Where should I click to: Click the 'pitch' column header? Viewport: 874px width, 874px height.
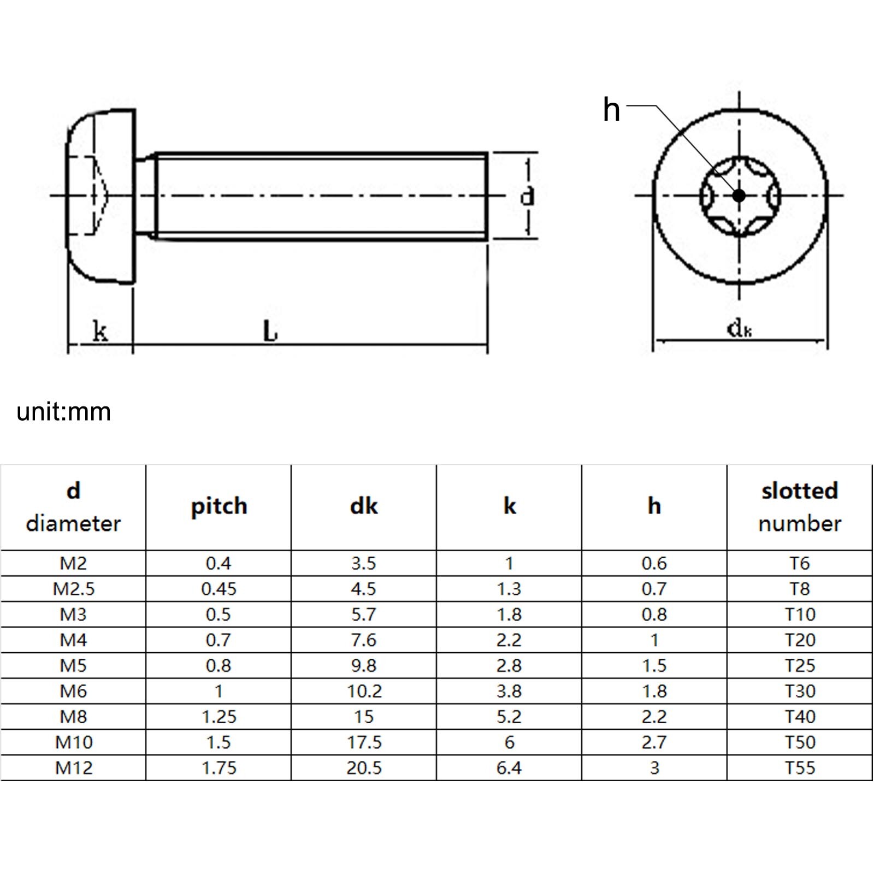[218, 506]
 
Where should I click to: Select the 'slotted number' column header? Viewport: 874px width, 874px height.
[800, 506]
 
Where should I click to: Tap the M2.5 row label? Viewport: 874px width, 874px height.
[74, 589]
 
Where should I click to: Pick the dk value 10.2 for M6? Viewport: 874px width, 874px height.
[364, 691]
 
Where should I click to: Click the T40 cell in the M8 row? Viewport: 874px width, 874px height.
[800, 717]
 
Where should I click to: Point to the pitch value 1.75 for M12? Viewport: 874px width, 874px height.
[218, 768]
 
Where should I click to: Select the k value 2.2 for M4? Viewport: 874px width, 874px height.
[509, 640]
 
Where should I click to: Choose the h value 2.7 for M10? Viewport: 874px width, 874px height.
[654, 742]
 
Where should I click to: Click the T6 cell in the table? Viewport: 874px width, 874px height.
[800, 563]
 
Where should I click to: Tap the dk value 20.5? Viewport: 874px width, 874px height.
[364, 768]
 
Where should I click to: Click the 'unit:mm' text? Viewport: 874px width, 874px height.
[64, 412]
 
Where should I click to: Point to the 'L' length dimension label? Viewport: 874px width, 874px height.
[270, 331]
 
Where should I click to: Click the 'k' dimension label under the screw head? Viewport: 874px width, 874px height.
[100, 331]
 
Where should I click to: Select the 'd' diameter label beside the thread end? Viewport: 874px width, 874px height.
[527, 196]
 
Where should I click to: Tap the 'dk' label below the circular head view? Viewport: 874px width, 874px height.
[739, 329]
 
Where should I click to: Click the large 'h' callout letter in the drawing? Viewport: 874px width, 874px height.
[611, 110]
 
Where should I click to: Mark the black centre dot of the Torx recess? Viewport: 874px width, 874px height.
[739, 195]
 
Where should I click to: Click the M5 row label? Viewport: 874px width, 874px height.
[74, 665]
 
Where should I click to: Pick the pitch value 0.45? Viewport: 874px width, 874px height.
[218, 589]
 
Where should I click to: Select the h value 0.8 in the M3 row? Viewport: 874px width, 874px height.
[654, 615]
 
